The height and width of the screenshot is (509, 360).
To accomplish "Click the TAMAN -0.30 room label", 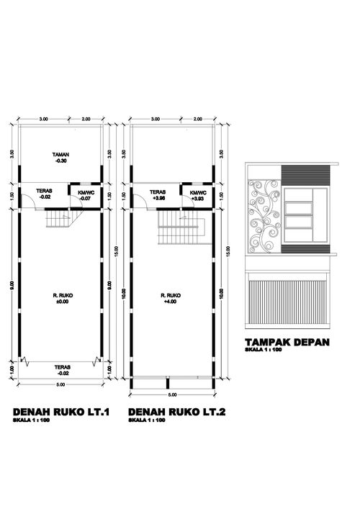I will click(60, 158).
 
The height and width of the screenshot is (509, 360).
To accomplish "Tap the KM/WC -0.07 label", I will click(78, 196).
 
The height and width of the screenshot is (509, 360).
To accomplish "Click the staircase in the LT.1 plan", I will click(56, 220).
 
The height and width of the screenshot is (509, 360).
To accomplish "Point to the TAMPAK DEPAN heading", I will click(287, 342).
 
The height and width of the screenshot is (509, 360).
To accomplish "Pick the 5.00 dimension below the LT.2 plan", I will click(172, 395).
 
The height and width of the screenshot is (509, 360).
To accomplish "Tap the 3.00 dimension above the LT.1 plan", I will click(43, 119).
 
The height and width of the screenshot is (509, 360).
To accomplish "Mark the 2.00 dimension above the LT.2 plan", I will click(197, 119).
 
